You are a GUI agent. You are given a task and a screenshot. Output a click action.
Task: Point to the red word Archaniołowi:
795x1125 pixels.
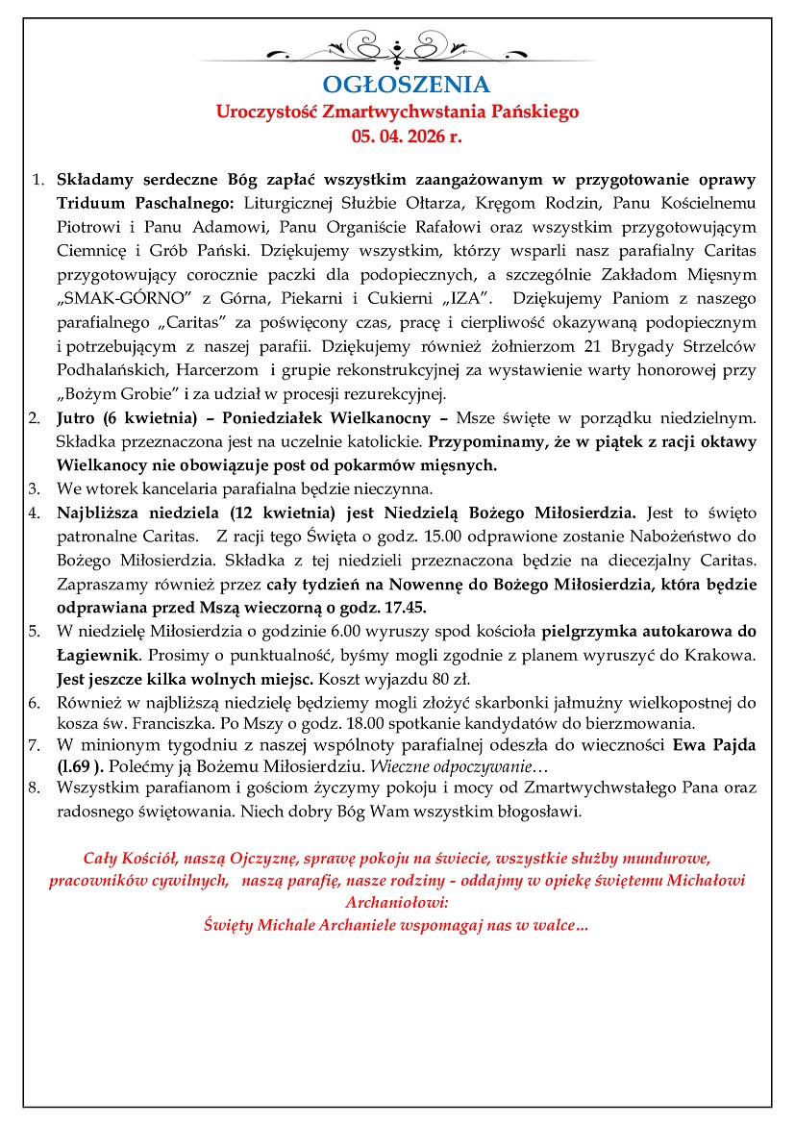point(396,903)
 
